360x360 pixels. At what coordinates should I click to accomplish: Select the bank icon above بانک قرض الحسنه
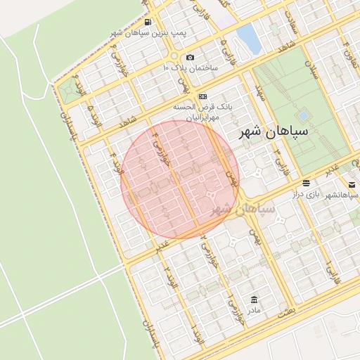[202, 96]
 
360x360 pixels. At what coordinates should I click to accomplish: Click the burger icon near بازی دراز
[306, 184]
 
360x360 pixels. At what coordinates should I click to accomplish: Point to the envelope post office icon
[352, 184]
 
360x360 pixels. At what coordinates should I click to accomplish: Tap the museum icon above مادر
[253, 300]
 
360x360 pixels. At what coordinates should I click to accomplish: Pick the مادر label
[253, 310]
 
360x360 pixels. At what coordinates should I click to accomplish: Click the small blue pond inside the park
[303, 115]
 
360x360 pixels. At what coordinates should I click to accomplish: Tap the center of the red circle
[180, 179]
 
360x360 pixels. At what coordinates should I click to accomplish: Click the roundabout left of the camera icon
[173, 56]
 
